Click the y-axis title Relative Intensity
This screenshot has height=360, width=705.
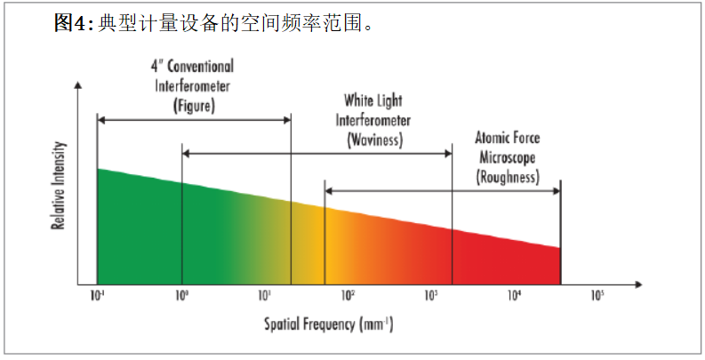tap(59, 185)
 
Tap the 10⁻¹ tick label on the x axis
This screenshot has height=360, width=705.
tap(98, 295)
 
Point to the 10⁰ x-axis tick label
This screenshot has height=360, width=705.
tap(181, 295)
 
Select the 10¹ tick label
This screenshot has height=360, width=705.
tap(265, 295)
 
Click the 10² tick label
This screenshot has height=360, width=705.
tap(348, 295)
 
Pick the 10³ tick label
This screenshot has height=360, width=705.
tap(431, 295)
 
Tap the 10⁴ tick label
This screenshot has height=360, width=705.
tap(514, 295)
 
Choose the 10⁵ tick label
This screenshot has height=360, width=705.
tap(597, 295)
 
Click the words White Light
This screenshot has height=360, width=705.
tap(373, 101)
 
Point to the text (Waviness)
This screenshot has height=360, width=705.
tap(373, 140)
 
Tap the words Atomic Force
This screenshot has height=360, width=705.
tap(508, 139)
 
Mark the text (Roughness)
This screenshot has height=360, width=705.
tap(508, 177)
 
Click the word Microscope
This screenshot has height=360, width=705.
tap(508, 157)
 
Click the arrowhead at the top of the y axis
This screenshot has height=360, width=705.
tap(79, 86)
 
